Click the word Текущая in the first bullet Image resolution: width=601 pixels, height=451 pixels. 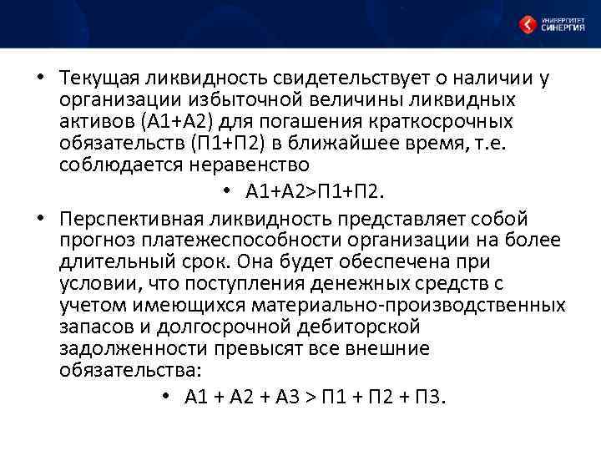98,79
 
